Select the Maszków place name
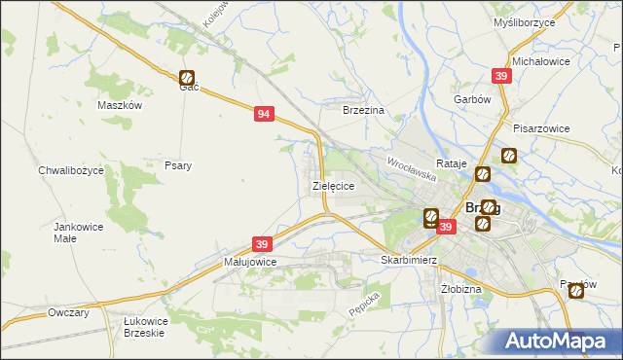click(121, 105)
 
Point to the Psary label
click(177, 165)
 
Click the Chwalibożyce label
click(77, 170)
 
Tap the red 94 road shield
click(263, 114)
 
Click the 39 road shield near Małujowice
click(261, 244)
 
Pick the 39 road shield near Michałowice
click(500, 76)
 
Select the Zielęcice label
click(332, 185)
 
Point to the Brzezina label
click(365, 111)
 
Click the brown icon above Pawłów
click(577, 289)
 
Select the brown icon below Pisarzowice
click(508, 155)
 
